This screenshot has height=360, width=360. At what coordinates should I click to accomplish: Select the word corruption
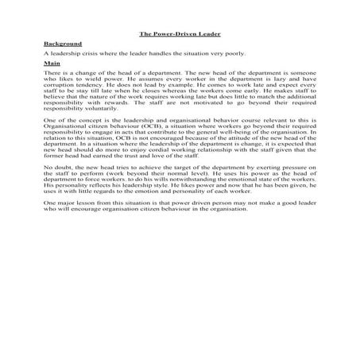pyautogui.click(x=57, y=84)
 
